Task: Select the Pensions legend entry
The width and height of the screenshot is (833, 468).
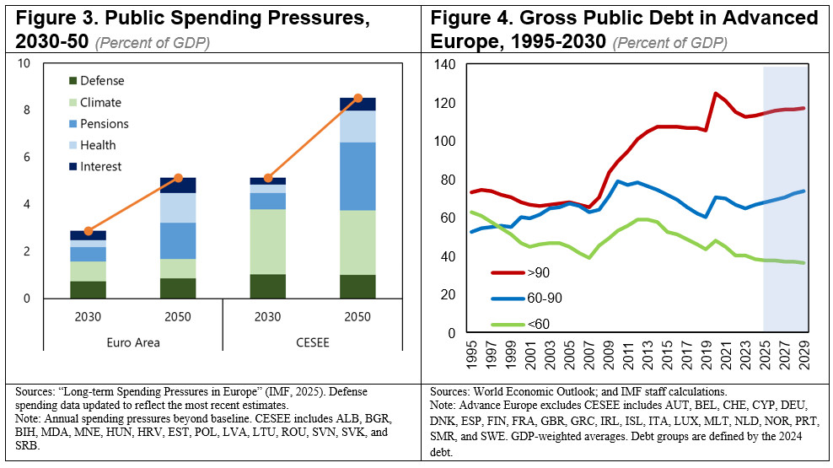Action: coord(104,124)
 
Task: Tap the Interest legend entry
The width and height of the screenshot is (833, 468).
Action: coord(100,167)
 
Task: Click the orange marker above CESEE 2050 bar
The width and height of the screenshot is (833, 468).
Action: coord(357,99)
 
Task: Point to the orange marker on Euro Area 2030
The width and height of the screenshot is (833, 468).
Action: coord(89,230)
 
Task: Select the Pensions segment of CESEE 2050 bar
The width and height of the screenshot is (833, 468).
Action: coord(357,176)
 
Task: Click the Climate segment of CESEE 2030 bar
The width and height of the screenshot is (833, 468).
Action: coord(267,241)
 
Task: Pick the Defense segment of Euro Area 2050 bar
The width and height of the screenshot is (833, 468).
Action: coord(178,288)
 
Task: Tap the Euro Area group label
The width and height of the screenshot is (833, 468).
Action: coord(133,342)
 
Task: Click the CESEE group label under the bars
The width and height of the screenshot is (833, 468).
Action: coord(312,342)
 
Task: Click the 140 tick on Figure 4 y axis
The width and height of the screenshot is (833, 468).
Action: coord(443,65)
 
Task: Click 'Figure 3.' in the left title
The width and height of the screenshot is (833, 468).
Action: coord(53,19)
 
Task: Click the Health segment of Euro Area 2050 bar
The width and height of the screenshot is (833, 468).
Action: coord(178,207)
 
